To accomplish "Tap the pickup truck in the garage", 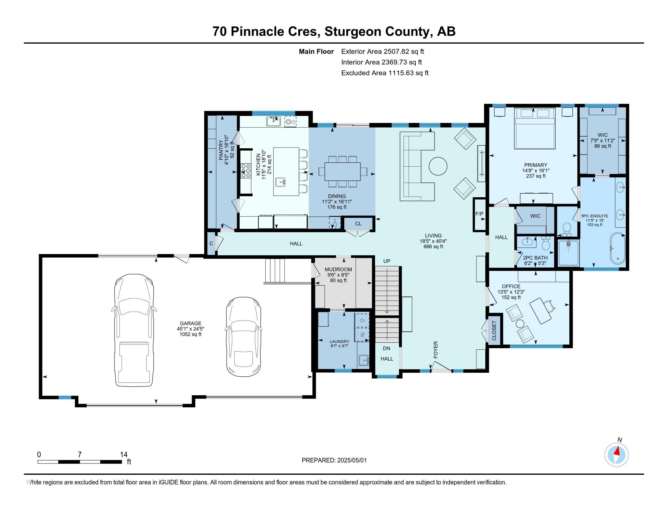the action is click(134, 331).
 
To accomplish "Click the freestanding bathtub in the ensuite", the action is click(618, 249).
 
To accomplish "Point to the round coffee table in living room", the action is click(438, 166).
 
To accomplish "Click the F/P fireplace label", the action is click(479, 214).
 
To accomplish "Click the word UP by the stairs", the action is click(387, 261).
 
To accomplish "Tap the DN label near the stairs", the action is click(387, 348).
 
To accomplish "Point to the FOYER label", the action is click(435, 350).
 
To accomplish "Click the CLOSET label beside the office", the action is click(494, 331).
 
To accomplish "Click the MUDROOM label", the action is click(338, 269).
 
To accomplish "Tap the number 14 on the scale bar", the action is click(124, 454).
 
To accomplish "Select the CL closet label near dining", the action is click(358, 223).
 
